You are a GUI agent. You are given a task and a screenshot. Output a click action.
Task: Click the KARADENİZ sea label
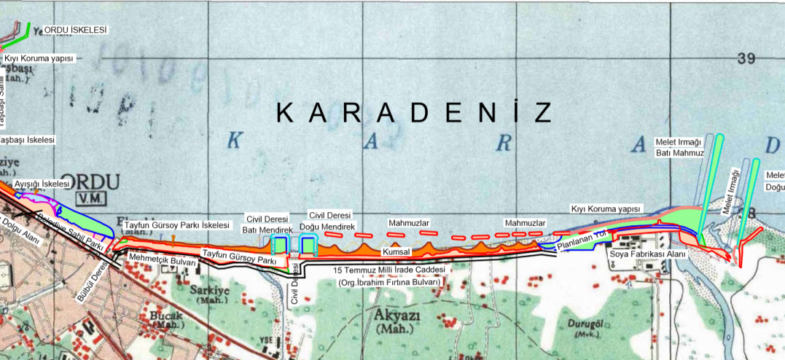(x=413, y=111)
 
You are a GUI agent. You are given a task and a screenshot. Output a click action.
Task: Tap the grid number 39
(x=746, y=59)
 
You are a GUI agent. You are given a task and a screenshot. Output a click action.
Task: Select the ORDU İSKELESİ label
(x=75, y=30)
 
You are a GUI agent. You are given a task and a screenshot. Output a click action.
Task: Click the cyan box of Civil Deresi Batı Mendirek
(x=281, y=245)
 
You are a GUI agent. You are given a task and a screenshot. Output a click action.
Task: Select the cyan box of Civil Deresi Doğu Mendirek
(x=310, y=245)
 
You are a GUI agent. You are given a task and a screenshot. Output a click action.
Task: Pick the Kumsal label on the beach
(x=384, y=252)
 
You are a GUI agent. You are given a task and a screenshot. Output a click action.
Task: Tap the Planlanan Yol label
(x=582, y=240)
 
